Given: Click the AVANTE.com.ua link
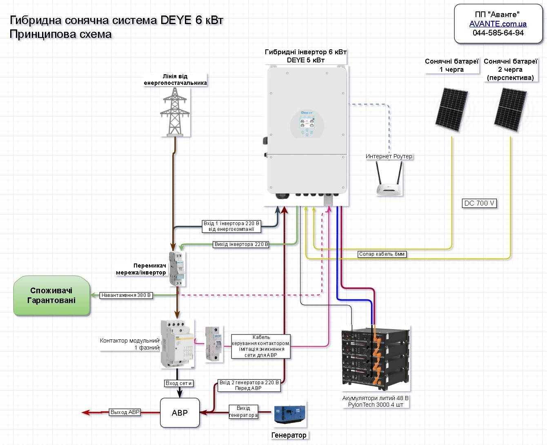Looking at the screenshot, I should click(498, 24).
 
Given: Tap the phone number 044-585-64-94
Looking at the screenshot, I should click(498, 33).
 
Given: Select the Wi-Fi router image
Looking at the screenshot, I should click(389, 179).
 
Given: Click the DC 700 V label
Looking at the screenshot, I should click(480, 203).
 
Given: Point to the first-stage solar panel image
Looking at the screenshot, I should click(451, 109).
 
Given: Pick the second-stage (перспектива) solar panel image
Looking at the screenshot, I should click(510, 109).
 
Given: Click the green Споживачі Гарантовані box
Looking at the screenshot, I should click(51, 296).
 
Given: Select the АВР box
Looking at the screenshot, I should click(180, 413).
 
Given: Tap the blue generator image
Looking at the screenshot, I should click(289, 414).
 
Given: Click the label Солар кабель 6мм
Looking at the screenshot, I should click(382, 254).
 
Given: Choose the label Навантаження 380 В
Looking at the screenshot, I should click(126, 295).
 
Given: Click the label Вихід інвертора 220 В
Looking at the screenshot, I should click(241, 244).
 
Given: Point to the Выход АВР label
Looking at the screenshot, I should click(125, 412).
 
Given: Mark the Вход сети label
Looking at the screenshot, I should click(178, 383).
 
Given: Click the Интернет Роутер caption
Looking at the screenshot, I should click(389, 156).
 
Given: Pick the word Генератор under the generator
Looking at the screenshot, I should click(289, 435).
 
